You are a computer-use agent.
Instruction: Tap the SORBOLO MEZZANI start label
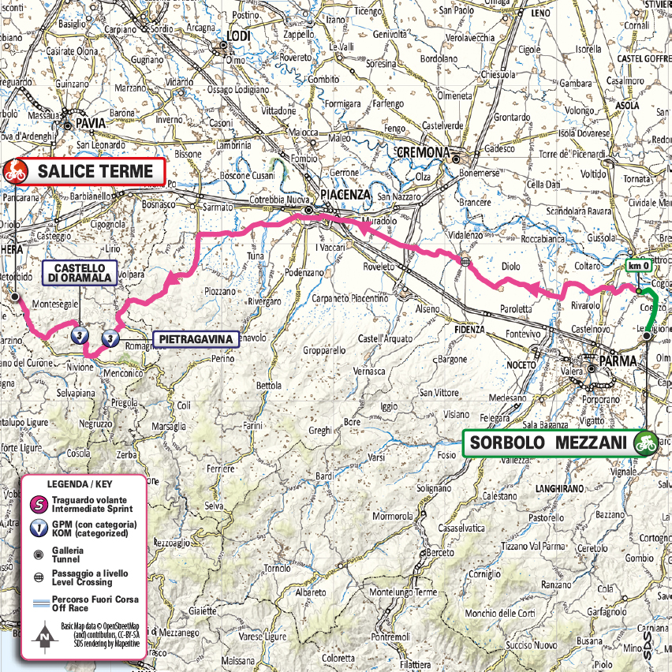pos(548,443)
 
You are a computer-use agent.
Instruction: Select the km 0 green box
pos(638,267)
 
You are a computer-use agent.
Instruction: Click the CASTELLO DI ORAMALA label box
pos(81,273)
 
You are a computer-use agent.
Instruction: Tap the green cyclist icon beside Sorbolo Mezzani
pos(646,443)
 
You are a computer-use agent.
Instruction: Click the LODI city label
pos(237,36)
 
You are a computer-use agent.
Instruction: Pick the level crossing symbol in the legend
pos(36,577)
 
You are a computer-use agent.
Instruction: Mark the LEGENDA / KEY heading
pos(82,483)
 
